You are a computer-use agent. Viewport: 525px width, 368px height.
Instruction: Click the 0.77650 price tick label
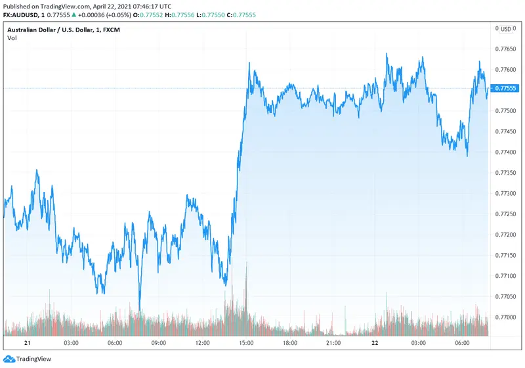click(505, 49)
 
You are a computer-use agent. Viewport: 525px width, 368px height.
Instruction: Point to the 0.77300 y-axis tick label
click(505, 193)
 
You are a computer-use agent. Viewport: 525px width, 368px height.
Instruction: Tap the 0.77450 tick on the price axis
click(505, 131)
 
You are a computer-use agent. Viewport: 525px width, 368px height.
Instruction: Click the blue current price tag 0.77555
click(505, 88)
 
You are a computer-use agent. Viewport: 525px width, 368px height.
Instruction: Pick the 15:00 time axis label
click(247, 343)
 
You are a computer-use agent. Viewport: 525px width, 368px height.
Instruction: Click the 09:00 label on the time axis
click(159, 343)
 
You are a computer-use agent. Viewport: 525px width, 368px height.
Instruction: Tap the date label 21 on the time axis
click(28, 343)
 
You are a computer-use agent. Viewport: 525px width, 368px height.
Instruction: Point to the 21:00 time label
click(333, 343)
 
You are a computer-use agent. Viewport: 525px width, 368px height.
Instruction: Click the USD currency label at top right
click(505, 29)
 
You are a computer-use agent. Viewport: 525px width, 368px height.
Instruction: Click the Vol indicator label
click(12, 38)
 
